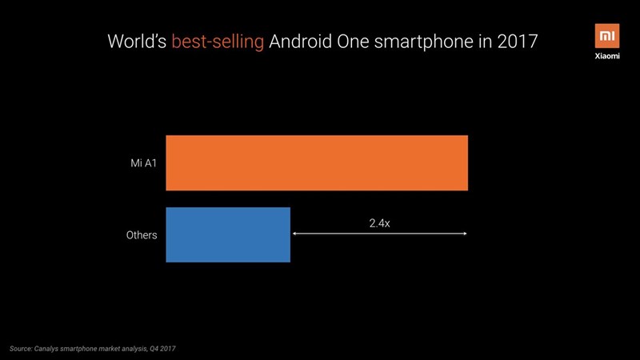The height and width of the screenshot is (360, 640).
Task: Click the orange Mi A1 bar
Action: [x=316, y=163]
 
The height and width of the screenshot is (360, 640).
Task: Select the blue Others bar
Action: [x=228, y=234]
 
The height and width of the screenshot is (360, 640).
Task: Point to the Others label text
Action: [x=141, y=235]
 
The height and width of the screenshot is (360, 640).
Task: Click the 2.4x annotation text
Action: [x=379, y=223]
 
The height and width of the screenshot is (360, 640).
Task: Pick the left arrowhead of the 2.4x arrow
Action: [x=294, y=234]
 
